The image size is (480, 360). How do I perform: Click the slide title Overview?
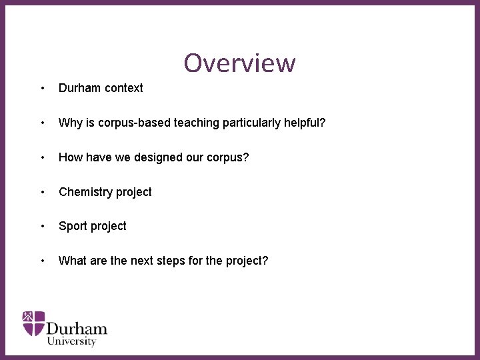tap(239, 63)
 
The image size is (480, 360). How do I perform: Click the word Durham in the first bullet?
tap(79, 88)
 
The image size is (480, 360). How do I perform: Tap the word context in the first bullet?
tap(123, 88)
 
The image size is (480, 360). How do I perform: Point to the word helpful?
tap(305, 123)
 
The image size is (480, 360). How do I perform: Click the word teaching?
tap(196, 123)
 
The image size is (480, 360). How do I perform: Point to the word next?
tap(141, 261)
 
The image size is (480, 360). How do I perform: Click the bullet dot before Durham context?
tap(43, 88)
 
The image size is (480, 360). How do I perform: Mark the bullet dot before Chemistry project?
tap(43, 192)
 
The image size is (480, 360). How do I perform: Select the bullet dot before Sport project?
tap(43, 227)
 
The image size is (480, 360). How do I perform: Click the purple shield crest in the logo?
tap(33, 323)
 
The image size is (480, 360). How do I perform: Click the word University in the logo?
tap(71, 341)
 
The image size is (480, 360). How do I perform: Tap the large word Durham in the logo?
tap(77, 327)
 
